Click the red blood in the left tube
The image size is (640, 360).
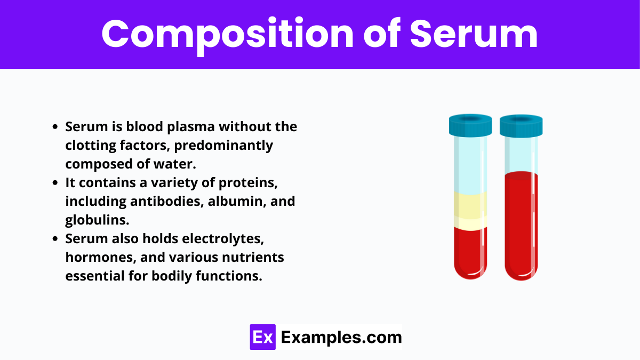470,251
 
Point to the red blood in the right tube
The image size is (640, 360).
521,224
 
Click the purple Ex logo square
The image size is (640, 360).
262,337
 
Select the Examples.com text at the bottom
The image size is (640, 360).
341,337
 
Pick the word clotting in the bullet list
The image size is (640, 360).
87,145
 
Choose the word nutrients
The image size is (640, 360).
253,258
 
